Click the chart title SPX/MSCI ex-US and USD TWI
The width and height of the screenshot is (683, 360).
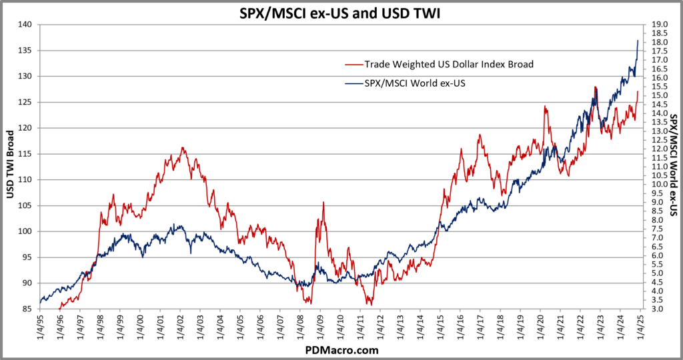click(x=341, y=11)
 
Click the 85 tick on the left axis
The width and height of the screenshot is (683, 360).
click(x=27, y=309)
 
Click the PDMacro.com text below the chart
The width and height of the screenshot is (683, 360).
click(x=341, y=349)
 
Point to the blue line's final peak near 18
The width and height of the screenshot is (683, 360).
click(x=638, y=41)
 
